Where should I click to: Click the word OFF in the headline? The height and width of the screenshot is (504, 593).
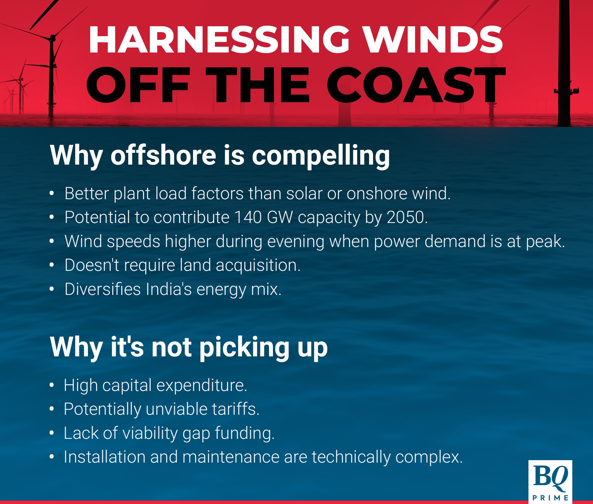[138, 85]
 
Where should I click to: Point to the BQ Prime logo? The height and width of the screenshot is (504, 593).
[550, 482]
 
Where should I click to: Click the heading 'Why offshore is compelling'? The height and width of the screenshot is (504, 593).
[220, 156]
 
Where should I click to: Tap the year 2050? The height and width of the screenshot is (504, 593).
[406, 217]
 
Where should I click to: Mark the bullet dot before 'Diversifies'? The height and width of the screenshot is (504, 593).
[52, 289]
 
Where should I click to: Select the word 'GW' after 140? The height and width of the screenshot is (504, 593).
[280, 217]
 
